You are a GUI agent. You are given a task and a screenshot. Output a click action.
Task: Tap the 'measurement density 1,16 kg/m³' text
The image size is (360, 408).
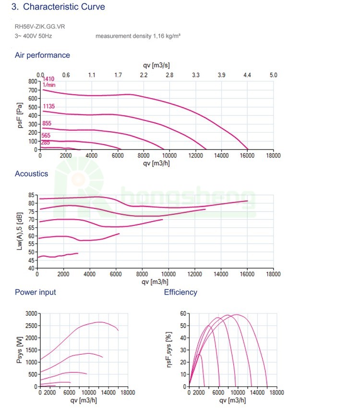click(138, 37)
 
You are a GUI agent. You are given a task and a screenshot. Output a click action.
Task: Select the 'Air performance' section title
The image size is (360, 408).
click(42, 55)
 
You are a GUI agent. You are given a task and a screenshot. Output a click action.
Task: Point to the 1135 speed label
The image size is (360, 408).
click(48, 106)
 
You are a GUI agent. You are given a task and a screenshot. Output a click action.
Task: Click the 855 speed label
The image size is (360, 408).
click(47, 124)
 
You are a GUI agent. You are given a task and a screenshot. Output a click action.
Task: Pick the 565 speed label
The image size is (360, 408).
click(46, 136)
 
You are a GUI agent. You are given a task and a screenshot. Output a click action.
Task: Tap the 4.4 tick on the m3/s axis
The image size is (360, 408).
click(247, 75)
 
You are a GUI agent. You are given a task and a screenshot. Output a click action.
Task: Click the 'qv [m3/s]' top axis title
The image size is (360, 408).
click(156, 65)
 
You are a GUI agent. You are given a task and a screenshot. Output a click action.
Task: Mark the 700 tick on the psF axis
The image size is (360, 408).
click(33, 90)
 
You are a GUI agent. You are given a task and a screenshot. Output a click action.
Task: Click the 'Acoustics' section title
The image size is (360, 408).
click(31, 174)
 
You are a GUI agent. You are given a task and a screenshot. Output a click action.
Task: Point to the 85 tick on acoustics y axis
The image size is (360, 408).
click(32, 195)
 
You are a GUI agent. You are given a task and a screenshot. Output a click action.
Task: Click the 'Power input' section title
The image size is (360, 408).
click(35, 292)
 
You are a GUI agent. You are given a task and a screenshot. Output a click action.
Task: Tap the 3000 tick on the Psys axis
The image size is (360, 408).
click(30, 313)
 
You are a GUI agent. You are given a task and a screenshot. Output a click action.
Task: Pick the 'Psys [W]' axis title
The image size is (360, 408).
click(19, 350)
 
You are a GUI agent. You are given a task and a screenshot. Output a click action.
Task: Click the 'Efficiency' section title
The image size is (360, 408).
click(180, 292)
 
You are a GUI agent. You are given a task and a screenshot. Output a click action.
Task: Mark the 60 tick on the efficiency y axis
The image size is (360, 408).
click(183, 313)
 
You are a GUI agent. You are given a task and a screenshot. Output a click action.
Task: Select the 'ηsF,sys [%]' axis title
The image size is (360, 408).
click(169, 350)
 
